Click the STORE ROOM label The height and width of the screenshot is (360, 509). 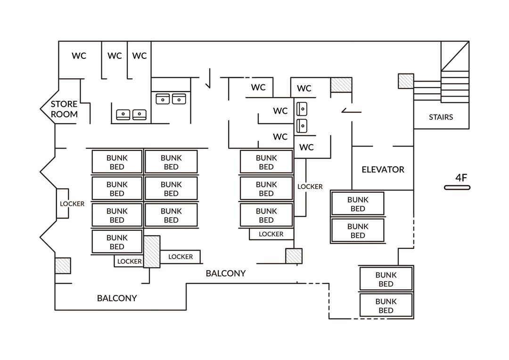coord(64,109)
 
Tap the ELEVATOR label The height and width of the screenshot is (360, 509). coord(383,170)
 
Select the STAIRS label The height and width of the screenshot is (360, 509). coord(441,117)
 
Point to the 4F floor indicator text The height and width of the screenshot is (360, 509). coord(461,178)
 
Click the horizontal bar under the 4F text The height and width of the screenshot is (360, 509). coord(457,188)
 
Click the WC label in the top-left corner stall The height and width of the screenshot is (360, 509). coord(79,56)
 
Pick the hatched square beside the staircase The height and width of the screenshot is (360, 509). coord(406,81)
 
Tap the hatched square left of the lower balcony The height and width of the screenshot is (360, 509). coord(63,266)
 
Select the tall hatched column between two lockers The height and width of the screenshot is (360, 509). coord(152,252)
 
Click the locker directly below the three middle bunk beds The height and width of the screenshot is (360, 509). coord(271,234)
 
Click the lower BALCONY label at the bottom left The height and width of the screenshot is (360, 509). coord(117,298)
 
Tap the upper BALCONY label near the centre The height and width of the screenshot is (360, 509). coord(226,273)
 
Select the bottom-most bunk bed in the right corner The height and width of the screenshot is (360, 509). coord(386,305)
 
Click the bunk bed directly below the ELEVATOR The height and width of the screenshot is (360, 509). coord(358,204)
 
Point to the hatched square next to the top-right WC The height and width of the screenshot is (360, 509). coord(341,85)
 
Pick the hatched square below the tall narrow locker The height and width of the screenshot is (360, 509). coord(294,256)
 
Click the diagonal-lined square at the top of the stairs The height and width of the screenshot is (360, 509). coord(455,56)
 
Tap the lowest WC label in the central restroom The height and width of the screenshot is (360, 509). coord(306,147)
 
